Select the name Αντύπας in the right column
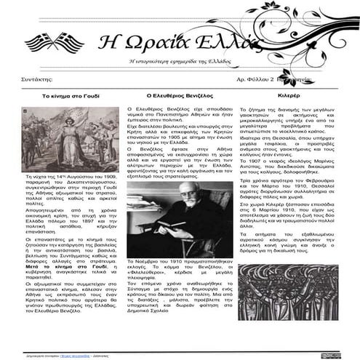pyautogui.click(x=250, y=172)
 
